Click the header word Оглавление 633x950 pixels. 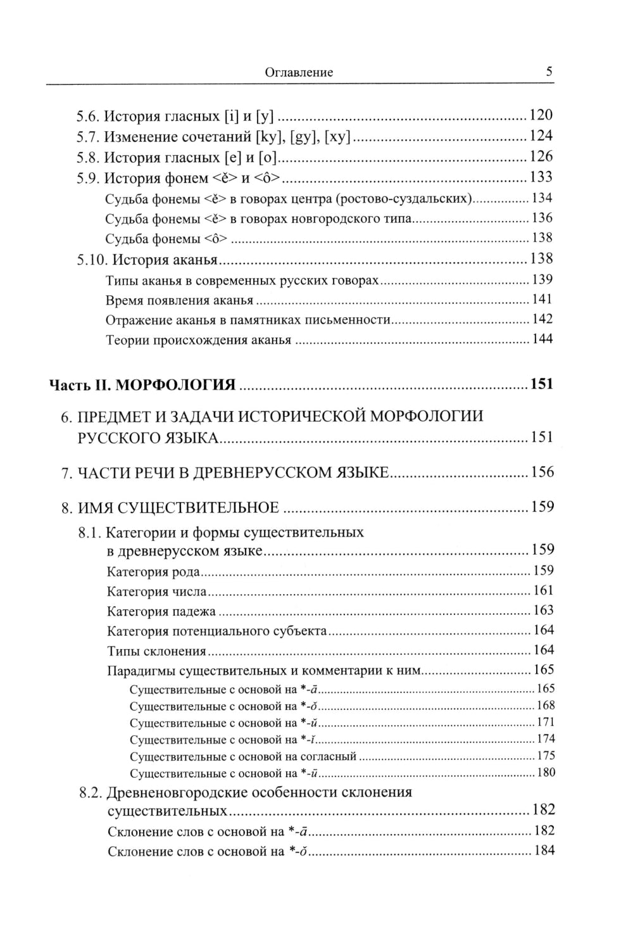coord(298,72)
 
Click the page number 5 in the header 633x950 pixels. coord(549,71)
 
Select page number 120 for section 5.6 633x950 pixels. coord(541,115)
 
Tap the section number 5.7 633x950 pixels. coord(88,136)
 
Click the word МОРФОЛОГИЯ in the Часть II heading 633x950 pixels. coord(177,384)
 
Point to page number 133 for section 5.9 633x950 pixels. coord(541,177)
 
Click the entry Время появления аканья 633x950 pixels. coord(179,300)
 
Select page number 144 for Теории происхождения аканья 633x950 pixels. coord(542,339)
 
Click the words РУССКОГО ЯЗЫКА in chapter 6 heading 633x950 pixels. coord(147,438)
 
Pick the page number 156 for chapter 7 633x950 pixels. coord(542,472)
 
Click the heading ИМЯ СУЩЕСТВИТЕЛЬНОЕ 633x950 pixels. coord(179,507)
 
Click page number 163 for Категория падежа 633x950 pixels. coord(543,611)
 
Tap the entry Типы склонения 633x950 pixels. coord(157,651)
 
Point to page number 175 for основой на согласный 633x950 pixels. coord(545,756)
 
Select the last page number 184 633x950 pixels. coord(544,851)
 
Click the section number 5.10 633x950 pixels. coord(91,260)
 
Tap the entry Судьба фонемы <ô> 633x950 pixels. coord(166,239)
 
